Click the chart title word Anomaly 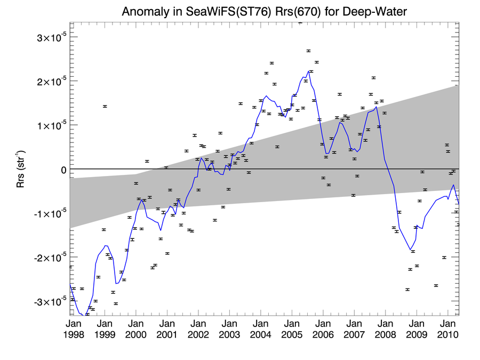click(145, 11)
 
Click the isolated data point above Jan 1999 click(105, 106)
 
